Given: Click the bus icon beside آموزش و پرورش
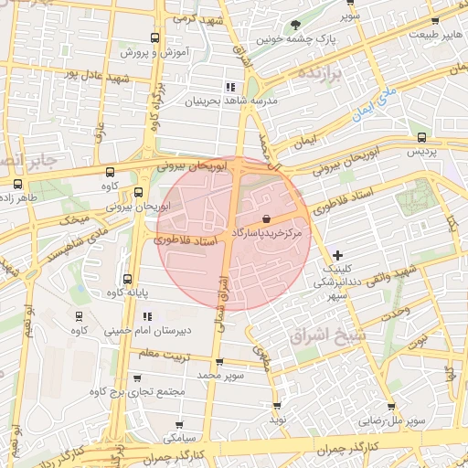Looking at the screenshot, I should tap(155, 38).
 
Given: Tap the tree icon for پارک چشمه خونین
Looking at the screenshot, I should tap(294, 25).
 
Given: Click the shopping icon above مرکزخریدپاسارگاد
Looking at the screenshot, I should tap(265, 218).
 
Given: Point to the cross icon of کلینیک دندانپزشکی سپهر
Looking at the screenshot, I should tap(338, 254).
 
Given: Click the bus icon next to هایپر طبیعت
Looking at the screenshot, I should tap(435, 20).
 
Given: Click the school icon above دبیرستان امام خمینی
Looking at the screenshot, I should tap(146, 316).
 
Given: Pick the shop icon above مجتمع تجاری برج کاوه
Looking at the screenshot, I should tap(137, 378).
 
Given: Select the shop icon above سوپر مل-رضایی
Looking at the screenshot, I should tap(391, 407).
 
